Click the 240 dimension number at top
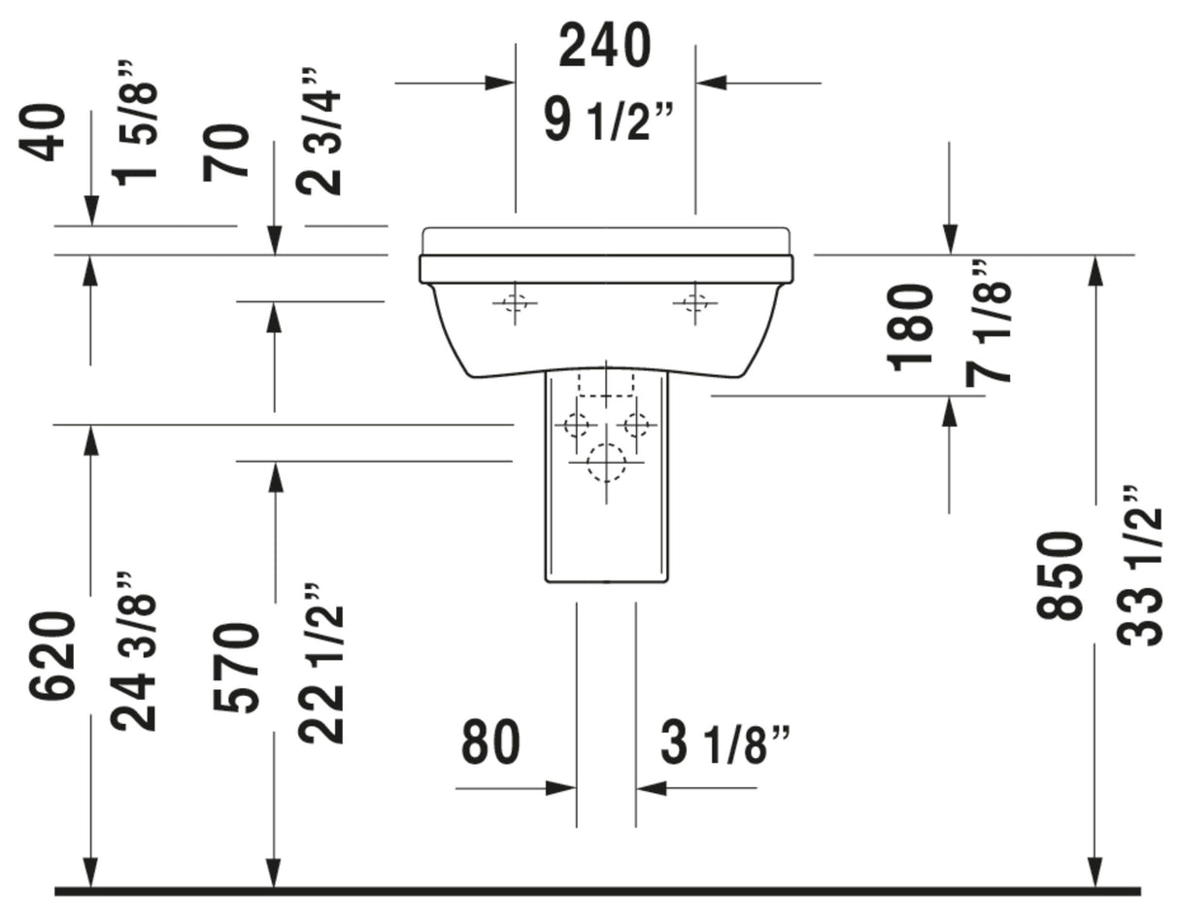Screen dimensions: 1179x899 click(x=604, y=47)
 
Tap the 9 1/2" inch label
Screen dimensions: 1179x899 click(x=608, y=122)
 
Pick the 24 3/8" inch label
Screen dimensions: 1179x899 click(x=133, y=650)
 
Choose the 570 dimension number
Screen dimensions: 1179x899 click(x=236, y=667)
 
